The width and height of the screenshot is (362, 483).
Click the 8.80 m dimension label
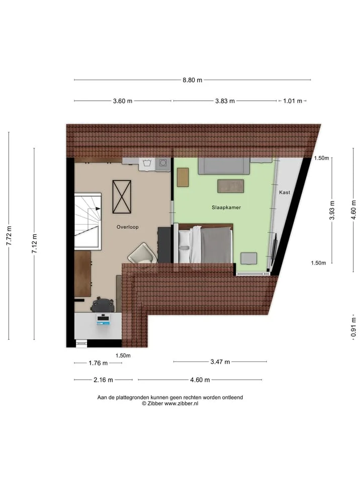193,80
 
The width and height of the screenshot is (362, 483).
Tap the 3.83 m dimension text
225,101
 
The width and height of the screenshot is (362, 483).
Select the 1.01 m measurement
293,101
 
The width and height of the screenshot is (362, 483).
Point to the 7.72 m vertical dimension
9,235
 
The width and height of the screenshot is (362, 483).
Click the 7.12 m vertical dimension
35,244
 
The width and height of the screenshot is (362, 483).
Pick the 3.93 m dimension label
332,210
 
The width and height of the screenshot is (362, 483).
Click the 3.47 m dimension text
220,362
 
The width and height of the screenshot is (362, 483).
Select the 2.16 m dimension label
104,380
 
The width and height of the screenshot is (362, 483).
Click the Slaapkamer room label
226,208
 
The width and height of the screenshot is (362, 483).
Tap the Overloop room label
127,227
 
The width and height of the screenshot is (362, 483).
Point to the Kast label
285,192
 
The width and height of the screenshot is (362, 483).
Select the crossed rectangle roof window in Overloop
122,197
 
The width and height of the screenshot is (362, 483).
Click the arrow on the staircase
98,209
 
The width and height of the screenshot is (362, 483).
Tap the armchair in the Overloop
142,254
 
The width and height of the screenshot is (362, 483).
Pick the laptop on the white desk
104,319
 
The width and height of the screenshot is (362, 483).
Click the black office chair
103,305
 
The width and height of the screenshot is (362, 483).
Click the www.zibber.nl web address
181,404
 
